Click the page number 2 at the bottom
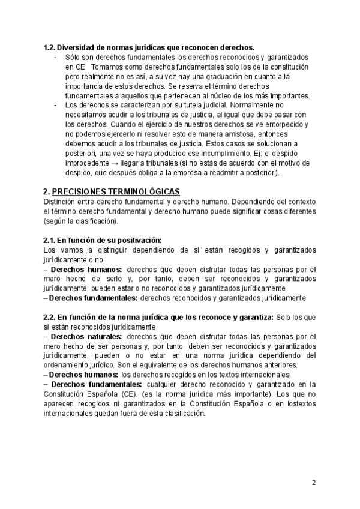[x=314, y=483]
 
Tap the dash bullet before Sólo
[x=55, y=57]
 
